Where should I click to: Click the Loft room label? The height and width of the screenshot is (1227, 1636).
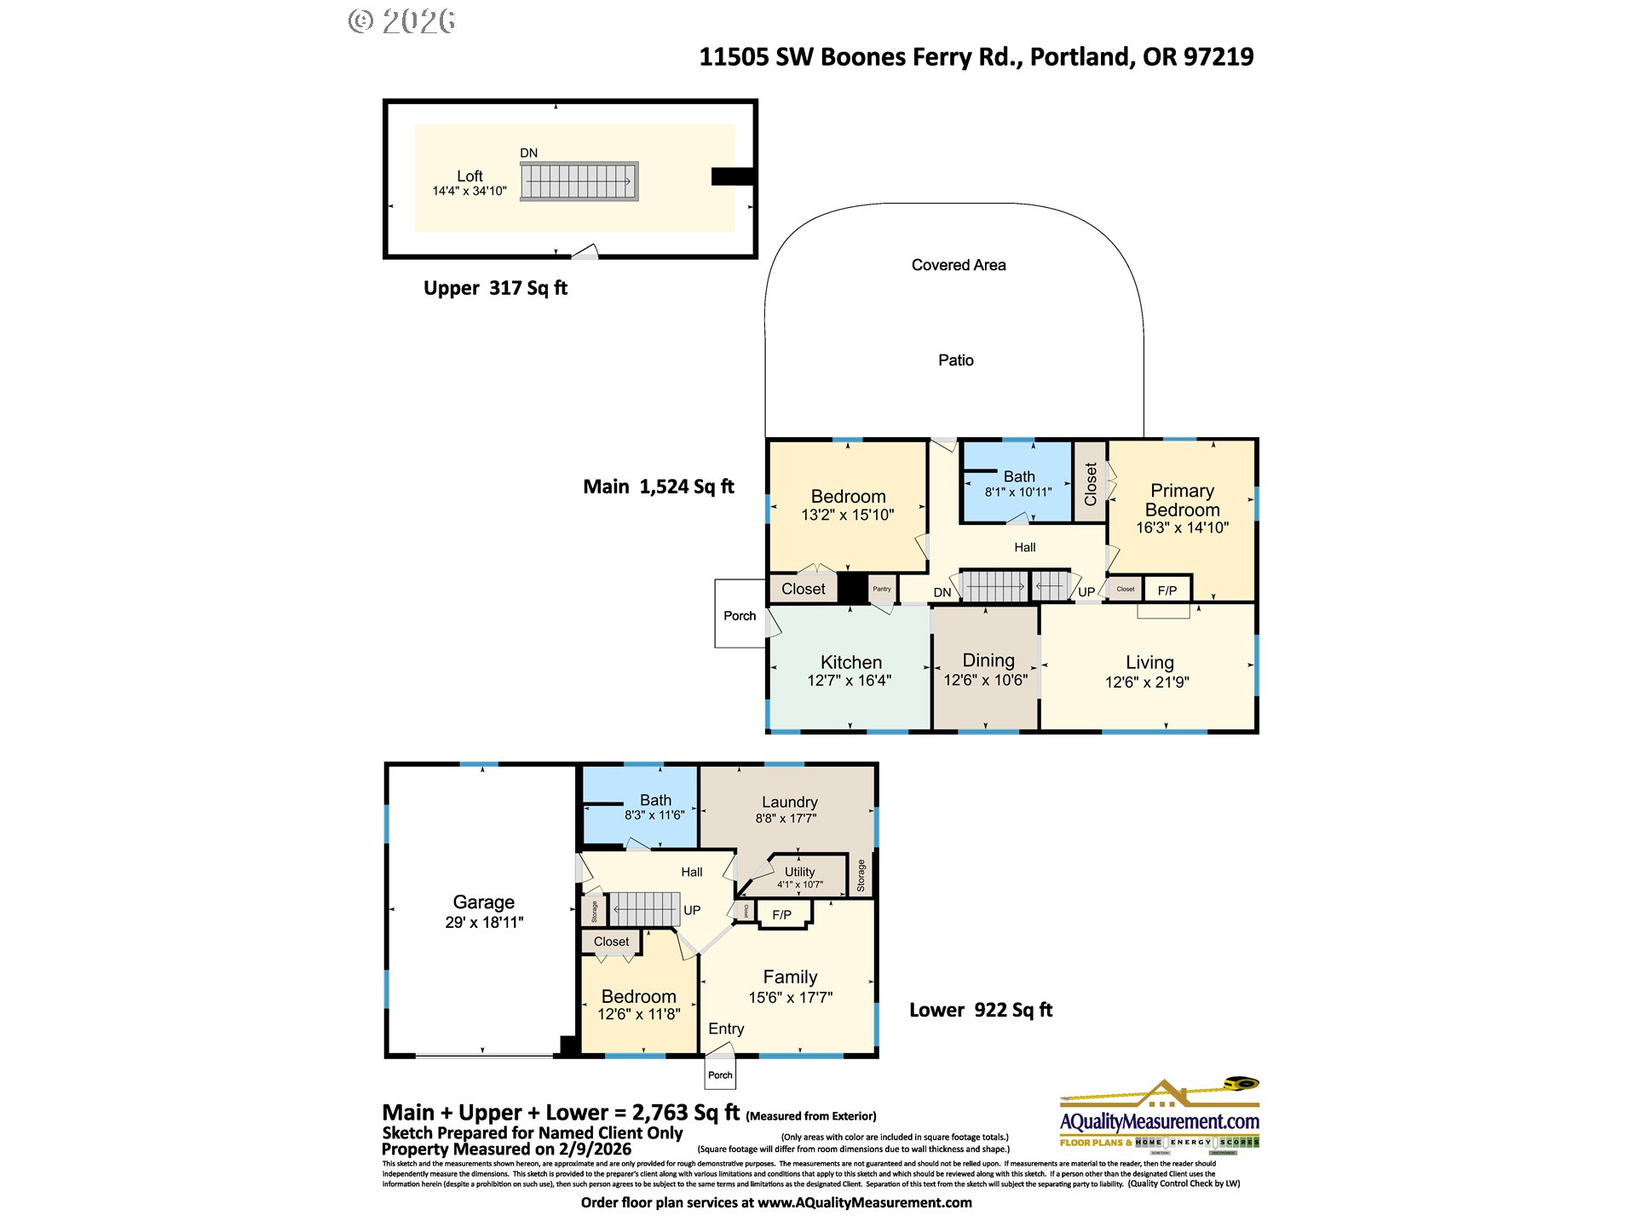(469, 176)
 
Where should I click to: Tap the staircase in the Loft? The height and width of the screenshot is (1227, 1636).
(579, 181)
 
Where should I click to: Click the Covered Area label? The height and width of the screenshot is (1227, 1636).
(959, 265)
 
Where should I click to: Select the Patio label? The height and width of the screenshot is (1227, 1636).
(955, 360)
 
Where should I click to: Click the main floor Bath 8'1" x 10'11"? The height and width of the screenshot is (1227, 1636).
(1018, 484)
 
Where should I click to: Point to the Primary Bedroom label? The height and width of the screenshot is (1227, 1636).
(1182, 500)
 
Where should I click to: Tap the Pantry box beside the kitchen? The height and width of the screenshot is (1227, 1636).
(882, 589)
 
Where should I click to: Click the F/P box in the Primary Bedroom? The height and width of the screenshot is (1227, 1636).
(1167, 590)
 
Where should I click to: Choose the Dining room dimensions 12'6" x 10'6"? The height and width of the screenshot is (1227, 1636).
(986, 680)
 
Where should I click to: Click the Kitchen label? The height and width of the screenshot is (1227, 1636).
(850, 662)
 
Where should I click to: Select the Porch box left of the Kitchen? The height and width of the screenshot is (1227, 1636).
(740, 615)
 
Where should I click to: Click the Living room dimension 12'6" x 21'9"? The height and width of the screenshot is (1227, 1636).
(1147, 682)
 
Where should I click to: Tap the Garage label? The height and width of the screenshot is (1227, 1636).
(483, 902)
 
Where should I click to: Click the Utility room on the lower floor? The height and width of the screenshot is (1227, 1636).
(799, 876)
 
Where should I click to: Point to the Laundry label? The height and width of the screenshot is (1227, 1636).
(789, 802)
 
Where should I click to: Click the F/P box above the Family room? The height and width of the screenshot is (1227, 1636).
(781, 915)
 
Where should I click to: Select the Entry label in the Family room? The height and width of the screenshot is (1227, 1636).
(726, 1028)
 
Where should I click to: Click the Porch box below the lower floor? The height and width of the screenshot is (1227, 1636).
(720, 1074)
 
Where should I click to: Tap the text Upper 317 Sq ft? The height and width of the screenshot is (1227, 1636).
(495, 288)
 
